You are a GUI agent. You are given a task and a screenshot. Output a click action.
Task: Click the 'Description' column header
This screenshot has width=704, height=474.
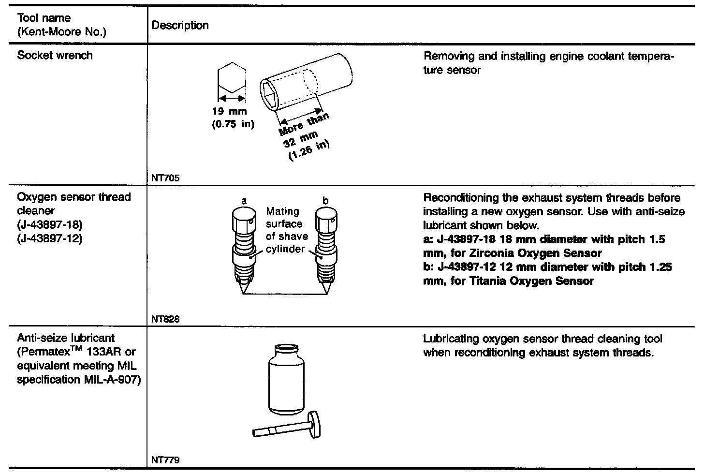180,26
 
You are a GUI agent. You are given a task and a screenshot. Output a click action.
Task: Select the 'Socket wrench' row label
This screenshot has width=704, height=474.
55,55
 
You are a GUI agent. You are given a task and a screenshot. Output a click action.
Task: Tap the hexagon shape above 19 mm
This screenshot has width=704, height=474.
232,79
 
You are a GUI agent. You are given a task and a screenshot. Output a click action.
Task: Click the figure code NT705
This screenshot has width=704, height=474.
165,178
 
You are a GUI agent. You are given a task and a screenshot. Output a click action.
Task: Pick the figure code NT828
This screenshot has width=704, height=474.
165,319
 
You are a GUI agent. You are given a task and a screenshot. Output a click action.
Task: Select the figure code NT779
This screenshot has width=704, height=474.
165,460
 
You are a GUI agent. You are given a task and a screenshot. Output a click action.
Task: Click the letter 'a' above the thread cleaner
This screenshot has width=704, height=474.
244,200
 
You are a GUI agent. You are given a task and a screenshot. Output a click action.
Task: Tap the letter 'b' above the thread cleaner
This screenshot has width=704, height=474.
325,200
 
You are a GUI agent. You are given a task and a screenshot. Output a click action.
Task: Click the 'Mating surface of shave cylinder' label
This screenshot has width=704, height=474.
286,230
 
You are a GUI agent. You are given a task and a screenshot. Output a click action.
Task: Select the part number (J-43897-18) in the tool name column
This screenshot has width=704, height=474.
50,225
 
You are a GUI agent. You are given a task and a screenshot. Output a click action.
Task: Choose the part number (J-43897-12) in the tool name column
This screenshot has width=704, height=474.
50,239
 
